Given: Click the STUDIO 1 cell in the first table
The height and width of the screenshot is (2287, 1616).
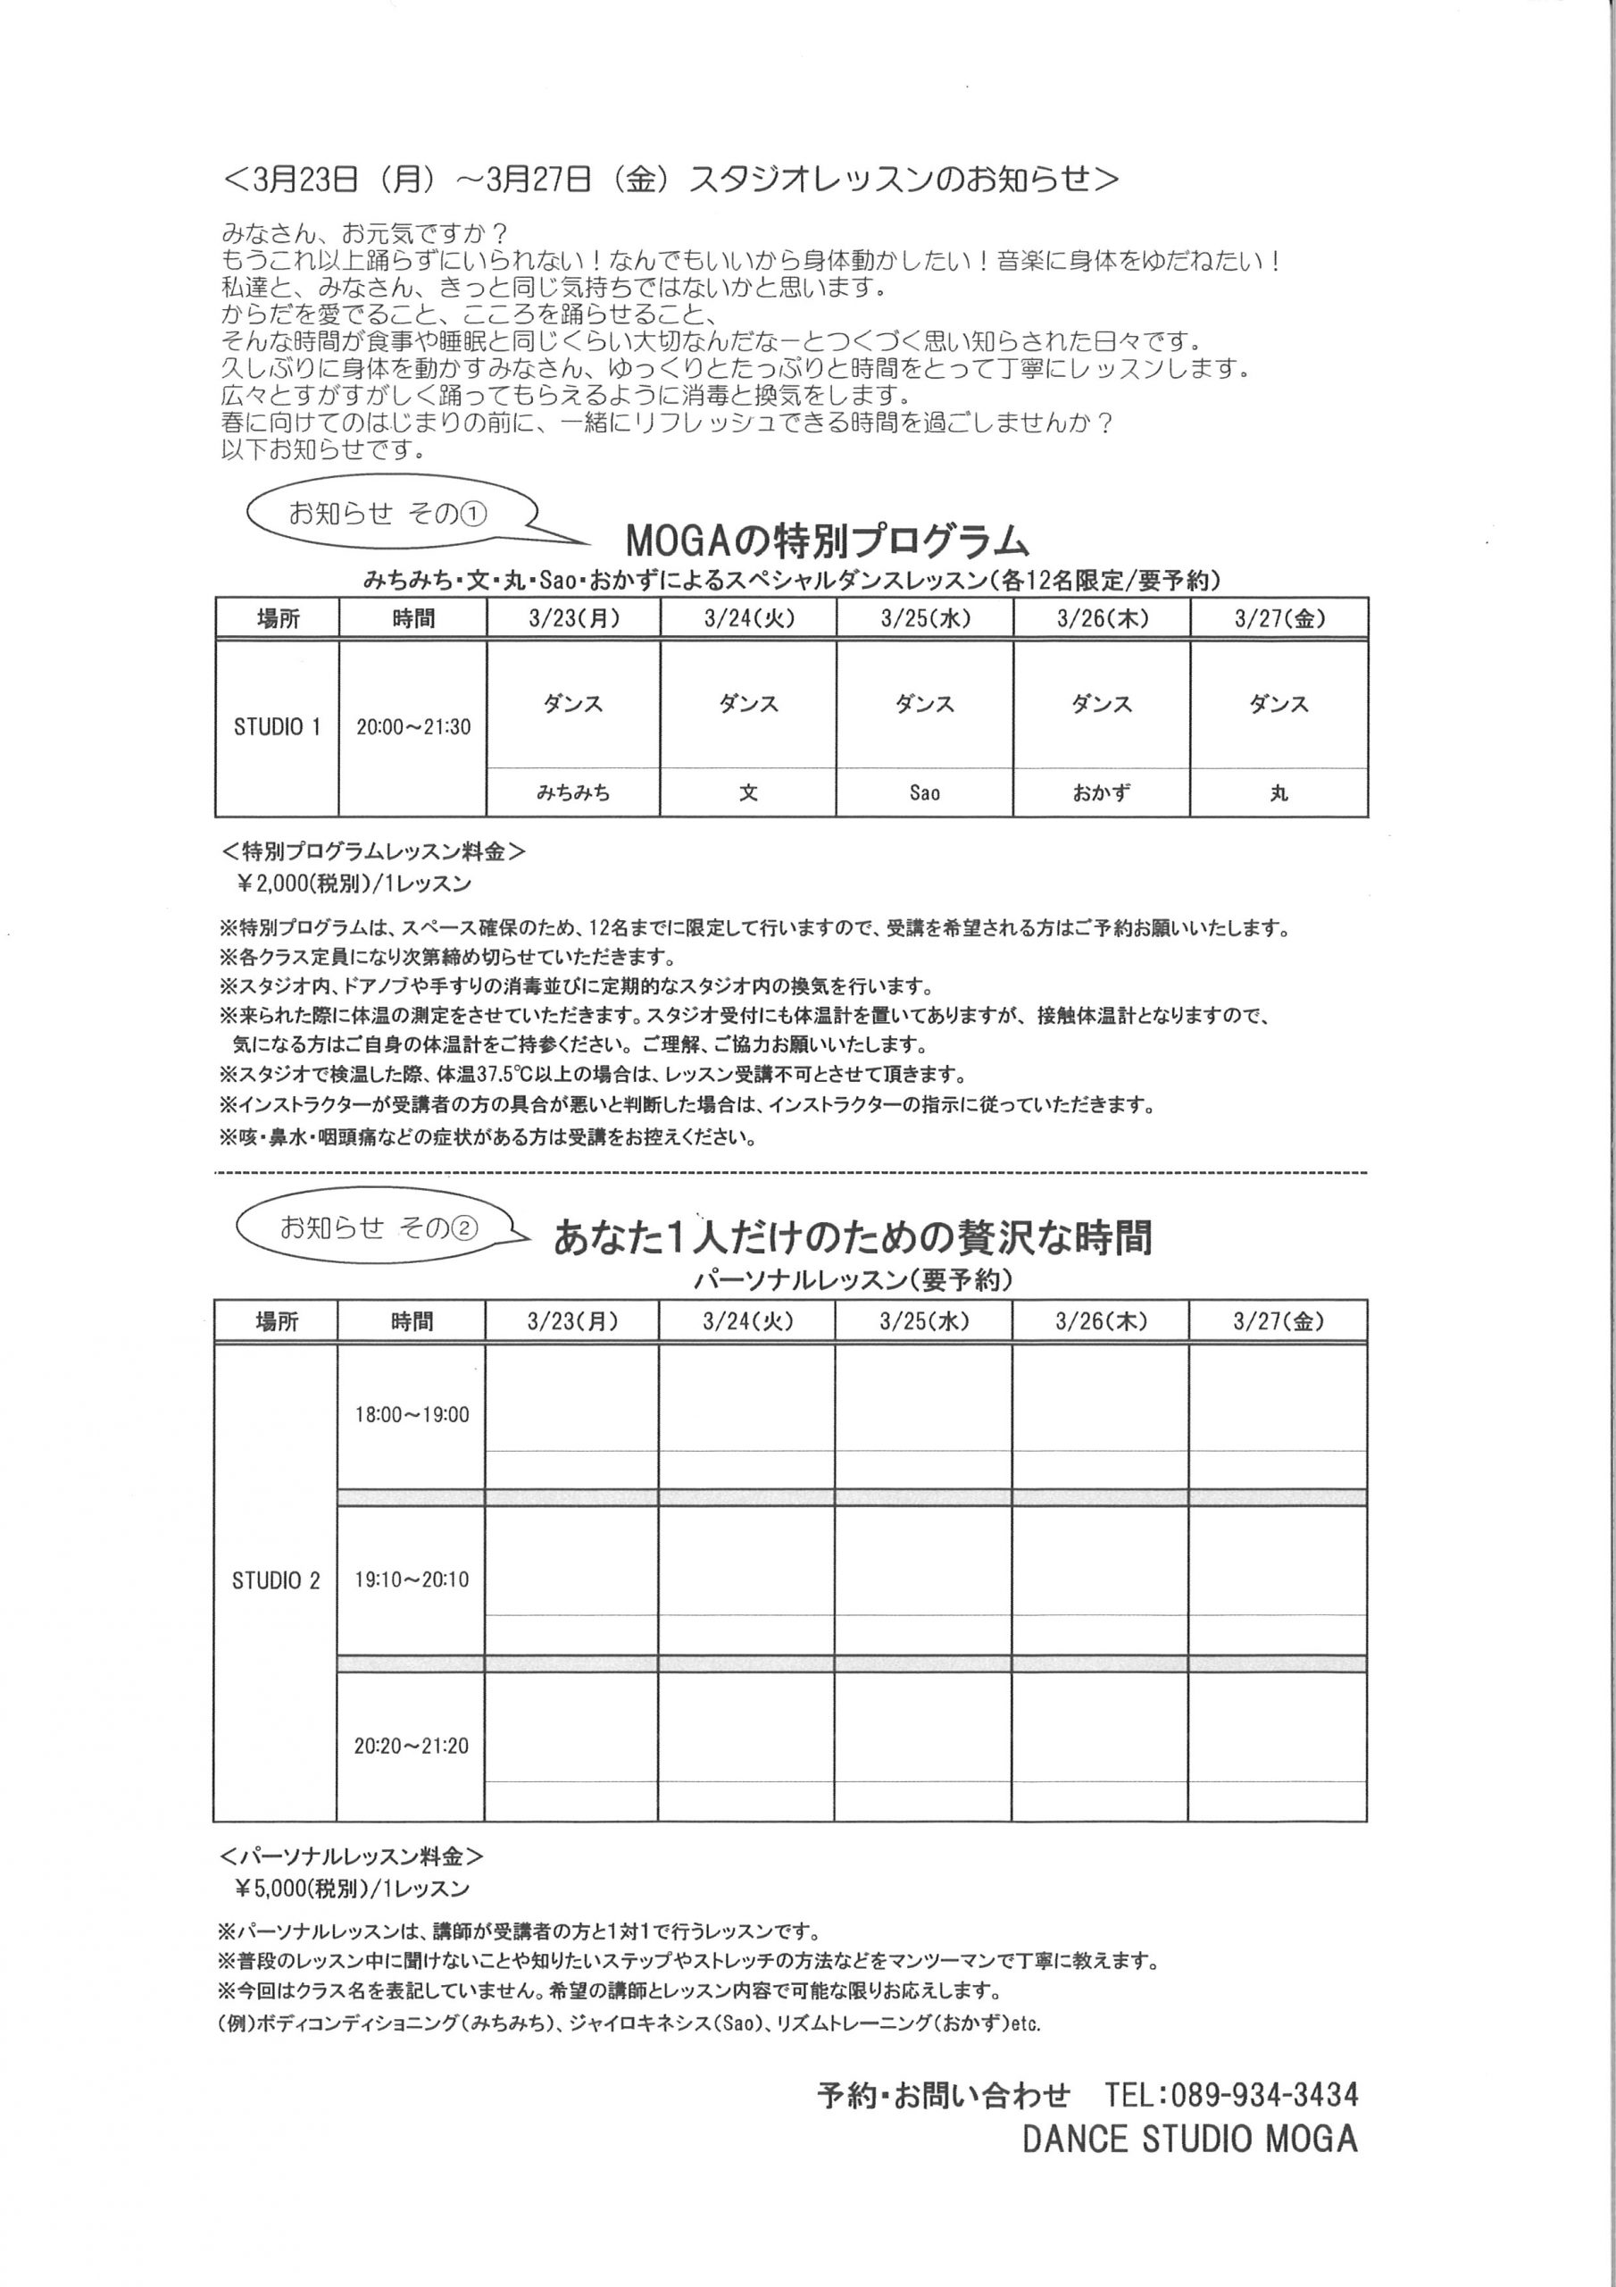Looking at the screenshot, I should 277,727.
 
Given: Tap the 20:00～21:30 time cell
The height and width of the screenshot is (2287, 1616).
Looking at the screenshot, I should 413,727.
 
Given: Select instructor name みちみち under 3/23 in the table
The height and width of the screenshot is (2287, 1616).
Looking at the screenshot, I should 572,793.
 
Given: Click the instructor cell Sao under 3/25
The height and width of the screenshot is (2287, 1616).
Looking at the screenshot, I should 924,793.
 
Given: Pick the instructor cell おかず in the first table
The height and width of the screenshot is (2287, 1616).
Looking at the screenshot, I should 1101,793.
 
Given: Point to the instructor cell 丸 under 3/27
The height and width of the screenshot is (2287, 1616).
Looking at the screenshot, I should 1279,793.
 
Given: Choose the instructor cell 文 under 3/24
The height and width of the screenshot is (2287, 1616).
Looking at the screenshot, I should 748,793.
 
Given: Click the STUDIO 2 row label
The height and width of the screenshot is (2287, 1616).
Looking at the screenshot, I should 276,1580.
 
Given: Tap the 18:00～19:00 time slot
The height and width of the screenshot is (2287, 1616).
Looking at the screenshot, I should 412,1414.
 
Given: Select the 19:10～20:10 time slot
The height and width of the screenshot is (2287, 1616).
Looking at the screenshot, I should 412,1579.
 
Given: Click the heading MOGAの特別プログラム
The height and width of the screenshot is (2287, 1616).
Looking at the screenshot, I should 827,540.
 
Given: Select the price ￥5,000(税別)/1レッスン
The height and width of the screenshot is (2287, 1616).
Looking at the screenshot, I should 352,1889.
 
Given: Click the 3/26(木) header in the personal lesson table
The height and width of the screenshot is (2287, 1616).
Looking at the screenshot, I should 1100,1322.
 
